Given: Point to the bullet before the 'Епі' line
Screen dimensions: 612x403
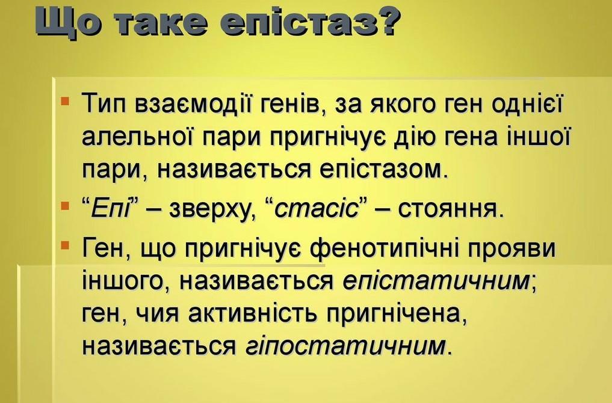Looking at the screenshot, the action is tap(65, 205).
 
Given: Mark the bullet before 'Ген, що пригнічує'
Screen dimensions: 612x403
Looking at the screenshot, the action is tap(65, 245).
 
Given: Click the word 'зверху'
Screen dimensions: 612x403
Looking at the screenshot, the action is tap(208, 211).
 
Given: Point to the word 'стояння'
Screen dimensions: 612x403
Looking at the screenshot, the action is tap(448, 210).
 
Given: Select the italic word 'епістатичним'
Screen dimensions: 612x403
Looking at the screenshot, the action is tap(436, 281).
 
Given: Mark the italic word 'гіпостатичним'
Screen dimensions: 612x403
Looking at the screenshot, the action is tap(346, 346).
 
